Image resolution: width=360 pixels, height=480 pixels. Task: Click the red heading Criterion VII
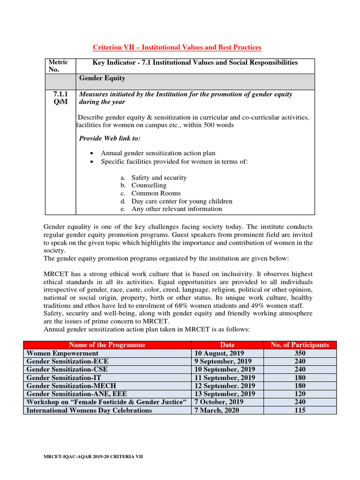[x=177, y=47]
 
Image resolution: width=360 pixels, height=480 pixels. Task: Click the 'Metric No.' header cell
[x=59, y=66]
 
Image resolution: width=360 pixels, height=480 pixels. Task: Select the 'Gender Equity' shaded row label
[x=102, y=78]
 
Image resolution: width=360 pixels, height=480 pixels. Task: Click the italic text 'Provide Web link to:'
[x=110, y=138]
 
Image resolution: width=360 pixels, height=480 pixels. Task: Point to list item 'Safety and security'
[x=159, y=178]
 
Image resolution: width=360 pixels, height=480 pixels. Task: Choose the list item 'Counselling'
[x=149, y=185]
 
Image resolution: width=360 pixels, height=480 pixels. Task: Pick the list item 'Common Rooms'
[x=156, y=193]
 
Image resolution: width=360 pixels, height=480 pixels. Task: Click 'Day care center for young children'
[x=182, y=201]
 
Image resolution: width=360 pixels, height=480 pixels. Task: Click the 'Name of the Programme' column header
[x=108, y=345]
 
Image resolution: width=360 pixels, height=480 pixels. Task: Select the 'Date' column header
[x=227, y=345]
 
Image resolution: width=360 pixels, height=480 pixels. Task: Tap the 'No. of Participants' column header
[x=300, y=345]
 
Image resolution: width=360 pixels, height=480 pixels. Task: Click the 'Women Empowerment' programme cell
[x=63, y=353]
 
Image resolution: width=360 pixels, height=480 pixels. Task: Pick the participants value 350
[x=300, y=353]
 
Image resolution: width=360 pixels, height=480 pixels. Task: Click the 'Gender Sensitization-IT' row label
[x=64, y=377]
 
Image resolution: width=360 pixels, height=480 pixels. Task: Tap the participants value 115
[x=300, y=410]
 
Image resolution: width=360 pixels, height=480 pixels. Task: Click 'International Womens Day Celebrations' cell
[x=90, y=410]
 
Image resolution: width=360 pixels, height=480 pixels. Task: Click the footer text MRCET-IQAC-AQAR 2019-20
[x=93, y=456]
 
